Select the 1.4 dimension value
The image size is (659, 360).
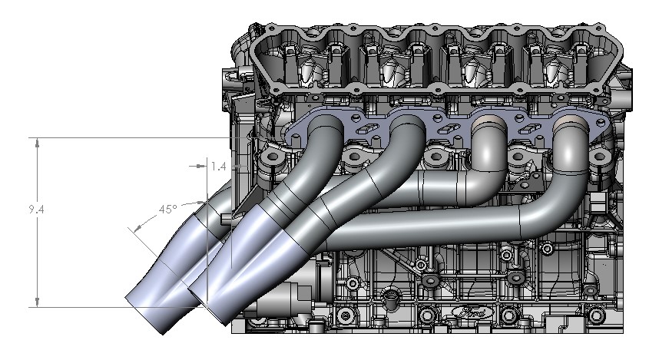pyautogui.click(x=218, y=166)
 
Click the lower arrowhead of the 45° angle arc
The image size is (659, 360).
pyautogui.click(x=134, y=230)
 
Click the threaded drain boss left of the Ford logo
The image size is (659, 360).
pyautogui.click(x=391, y=294)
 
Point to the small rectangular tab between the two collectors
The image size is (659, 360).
pyautogui.click(x=225, y=220)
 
